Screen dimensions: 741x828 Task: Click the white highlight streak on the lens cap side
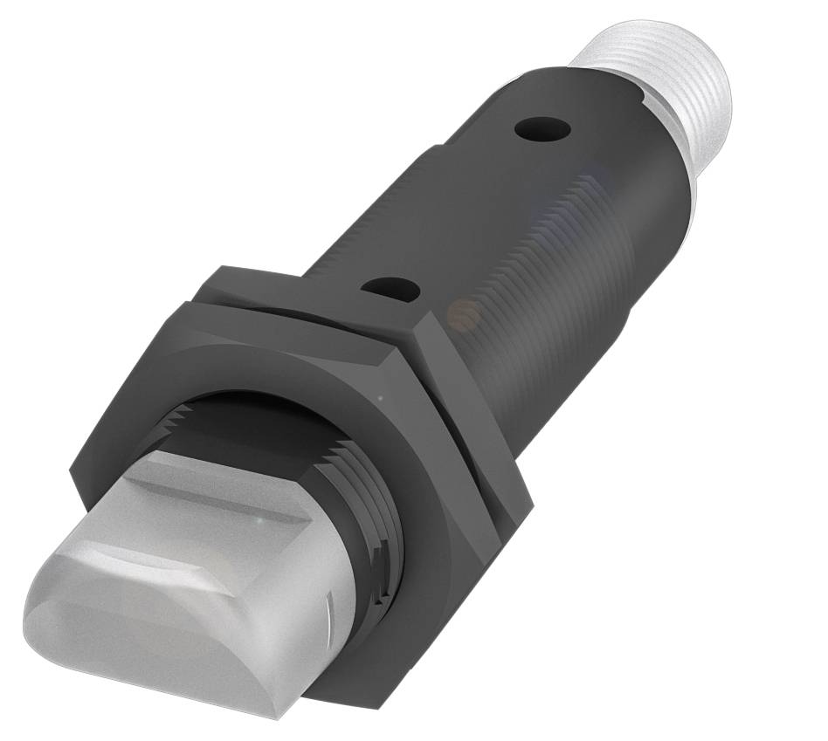[x=328, y=602]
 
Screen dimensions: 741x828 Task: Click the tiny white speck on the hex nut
[x=378, y=399]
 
